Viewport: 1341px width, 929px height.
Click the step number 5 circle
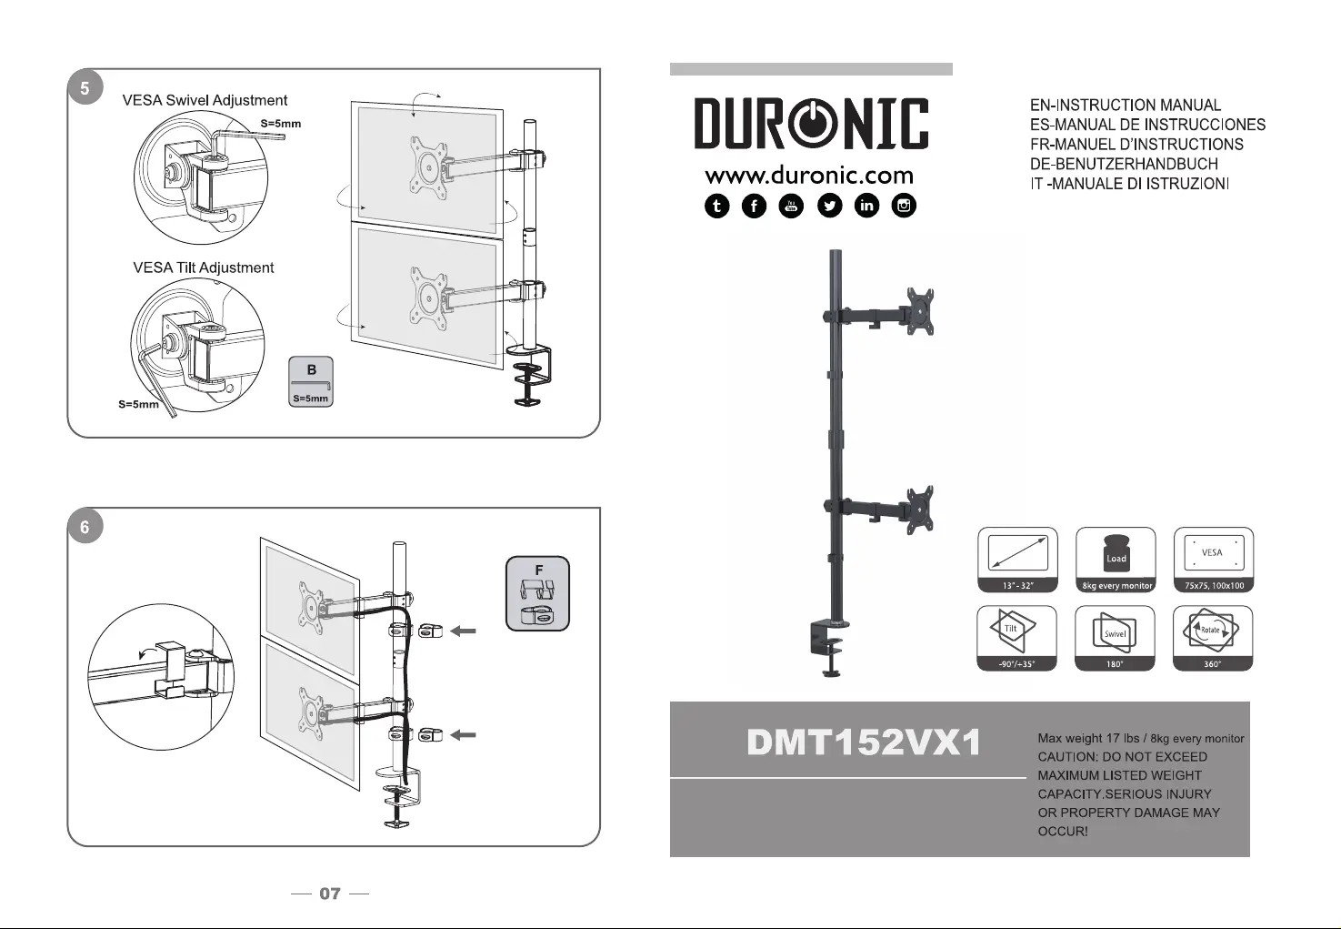[x=85, y=88]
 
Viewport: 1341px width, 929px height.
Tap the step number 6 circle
[x=85, y=527]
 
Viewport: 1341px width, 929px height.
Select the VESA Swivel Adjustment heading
[x=205, y=100]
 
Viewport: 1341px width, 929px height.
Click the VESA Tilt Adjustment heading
[x=203, y=268]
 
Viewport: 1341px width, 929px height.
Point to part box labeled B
[x=311, y=381]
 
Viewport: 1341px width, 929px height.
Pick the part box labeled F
[x=537, y=594]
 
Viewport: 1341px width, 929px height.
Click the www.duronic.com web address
[x=809, y=175]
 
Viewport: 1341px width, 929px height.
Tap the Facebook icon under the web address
[x=755, y=207]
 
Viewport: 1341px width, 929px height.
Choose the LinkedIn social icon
[x=867, y=207]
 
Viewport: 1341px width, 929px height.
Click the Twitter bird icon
[x=830, y=207]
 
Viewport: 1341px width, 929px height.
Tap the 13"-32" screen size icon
[x=1017, y=560]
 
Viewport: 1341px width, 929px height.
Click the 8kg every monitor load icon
[x=1116, y=560]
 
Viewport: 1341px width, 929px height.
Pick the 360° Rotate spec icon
[x=1213, y=638]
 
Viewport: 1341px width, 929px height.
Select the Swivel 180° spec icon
[x=1116, y=638]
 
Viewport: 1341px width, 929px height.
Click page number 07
[x=330, y=894]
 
